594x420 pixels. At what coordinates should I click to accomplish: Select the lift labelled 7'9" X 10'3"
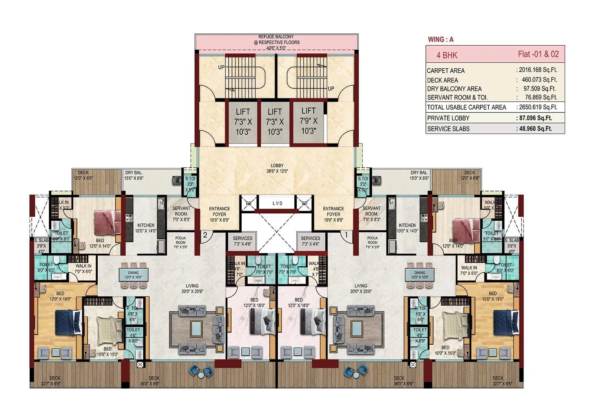(309, 121)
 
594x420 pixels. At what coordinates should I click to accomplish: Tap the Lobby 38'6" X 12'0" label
(277, 168)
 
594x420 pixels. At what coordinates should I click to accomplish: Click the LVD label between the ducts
(277, 203)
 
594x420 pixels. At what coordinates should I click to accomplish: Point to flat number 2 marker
(205, 234)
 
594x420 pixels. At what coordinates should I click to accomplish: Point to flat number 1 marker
(346, 234)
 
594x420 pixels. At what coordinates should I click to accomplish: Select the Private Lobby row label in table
(448, 118)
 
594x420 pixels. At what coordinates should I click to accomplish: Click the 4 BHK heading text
(447, 55)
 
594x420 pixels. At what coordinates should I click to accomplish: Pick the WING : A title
(441, 39)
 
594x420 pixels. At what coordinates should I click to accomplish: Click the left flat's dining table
(133, 275)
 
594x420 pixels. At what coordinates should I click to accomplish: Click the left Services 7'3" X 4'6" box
(242, 241)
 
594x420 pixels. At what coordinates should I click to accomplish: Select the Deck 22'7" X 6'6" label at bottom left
(55, 381)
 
